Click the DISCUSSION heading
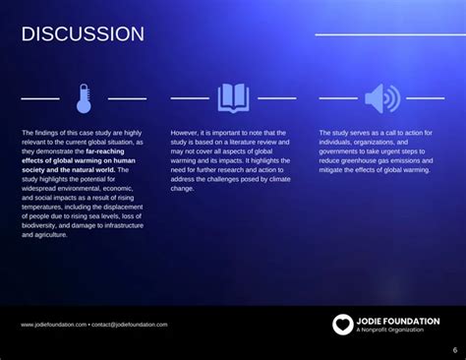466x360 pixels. [83, 34]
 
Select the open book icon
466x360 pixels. [233, 97]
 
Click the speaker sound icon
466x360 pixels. [381, 97]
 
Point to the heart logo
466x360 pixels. [341, 324]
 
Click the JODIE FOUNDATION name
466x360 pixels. [398, 321]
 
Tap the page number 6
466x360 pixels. [454, 350]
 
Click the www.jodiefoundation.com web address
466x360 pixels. [53, 324]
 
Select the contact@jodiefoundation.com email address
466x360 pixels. [131, 324]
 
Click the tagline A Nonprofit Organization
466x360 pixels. [390, 330]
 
